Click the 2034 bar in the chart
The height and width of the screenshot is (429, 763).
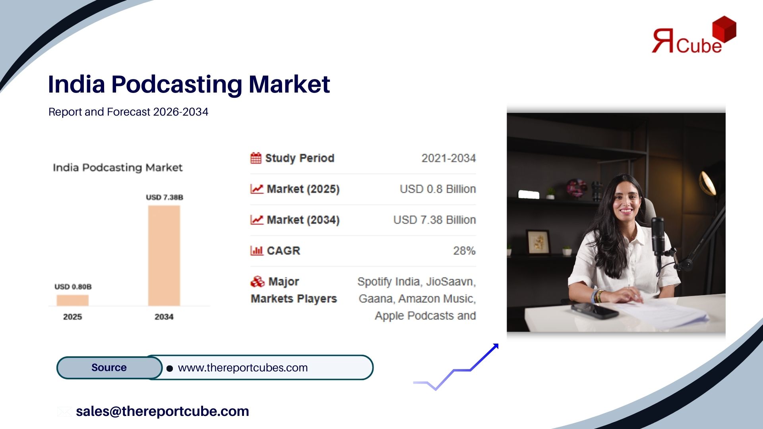coord(164,255)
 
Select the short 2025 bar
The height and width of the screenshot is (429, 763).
coord(73,300)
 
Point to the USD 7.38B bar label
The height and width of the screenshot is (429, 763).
coord(165,197)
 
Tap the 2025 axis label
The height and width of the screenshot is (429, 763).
coord(72,317)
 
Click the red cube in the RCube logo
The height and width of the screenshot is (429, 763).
coord(724,29)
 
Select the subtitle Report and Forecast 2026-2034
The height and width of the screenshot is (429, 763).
coord(128,112)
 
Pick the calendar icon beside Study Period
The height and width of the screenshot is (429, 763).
coord(256,158)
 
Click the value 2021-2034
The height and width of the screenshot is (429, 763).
coord(449,158)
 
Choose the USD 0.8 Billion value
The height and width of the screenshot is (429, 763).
coord(438,189)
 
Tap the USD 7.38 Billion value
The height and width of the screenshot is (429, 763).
coord(435,220)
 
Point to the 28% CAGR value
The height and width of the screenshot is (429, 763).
coord(465,251)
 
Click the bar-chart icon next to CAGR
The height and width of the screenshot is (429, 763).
coord(257,251)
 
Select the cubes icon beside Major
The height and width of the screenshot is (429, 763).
coord(258,282)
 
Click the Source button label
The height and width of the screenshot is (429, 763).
coord(109,367)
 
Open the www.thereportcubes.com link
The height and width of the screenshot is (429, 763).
coord(243,368)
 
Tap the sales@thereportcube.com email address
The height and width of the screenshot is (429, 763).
coord(163,411)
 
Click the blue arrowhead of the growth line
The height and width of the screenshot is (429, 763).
coord(496,347)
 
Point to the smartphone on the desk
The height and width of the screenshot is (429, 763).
coord(595,310)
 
